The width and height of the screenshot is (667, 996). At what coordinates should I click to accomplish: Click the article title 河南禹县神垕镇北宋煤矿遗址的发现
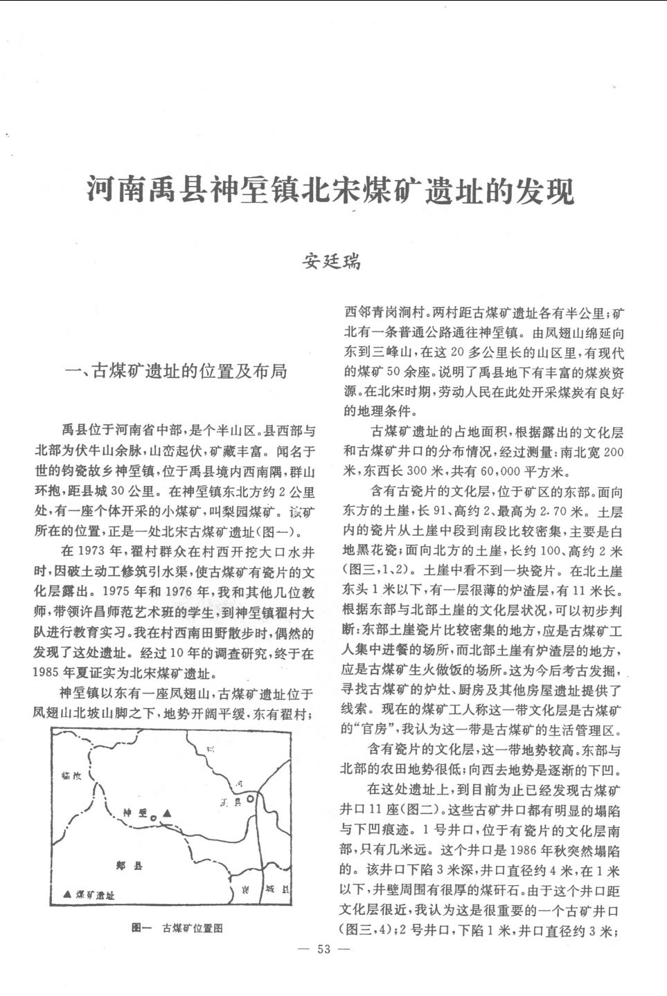click(x=330, y=190)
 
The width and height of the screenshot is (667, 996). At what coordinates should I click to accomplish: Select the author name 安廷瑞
click(x=332, y=262)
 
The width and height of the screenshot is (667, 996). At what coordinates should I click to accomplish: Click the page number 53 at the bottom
click(x=324, y=949)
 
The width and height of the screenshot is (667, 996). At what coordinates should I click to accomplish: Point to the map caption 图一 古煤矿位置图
click(x=177, y=927)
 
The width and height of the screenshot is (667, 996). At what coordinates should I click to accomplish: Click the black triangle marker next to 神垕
click(x=167, y=813)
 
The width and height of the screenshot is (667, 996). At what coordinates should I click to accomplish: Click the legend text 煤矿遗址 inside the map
click(x=95, y=894)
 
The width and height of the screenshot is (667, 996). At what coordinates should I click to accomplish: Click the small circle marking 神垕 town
click(x=154, y=818)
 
